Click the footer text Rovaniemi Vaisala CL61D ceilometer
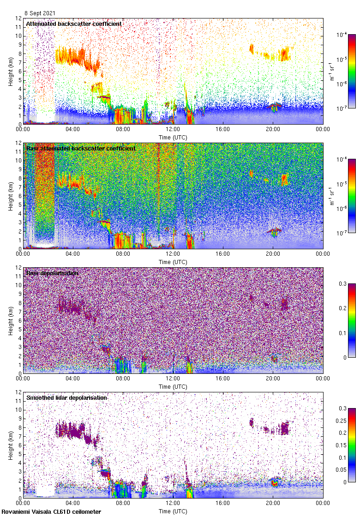51,511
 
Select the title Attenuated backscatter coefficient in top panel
74,24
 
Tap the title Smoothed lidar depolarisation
67,397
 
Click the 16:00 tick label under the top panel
223,130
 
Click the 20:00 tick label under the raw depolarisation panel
273,379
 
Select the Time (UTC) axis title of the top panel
173,137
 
